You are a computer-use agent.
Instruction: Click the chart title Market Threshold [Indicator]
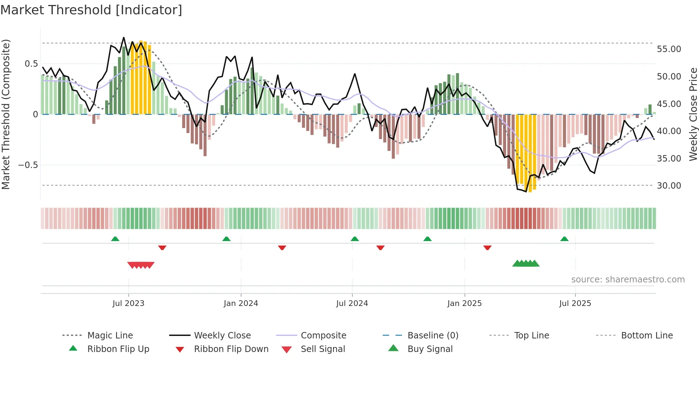pyautogui.click(x=91, y=10)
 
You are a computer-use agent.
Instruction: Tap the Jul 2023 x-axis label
pyautogui.click(x=128, y=303)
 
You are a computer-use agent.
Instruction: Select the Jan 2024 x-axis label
pyautogui.click(x=241, y=303)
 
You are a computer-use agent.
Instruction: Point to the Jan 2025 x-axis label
pyautogui.click(x=464, y=303)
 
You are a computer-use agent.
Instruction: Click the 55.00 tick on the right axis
pyautogui.click(x=669, y=49)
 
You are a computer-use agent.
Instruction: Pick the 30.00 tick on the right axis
pyautogui.click(x=669, y=185)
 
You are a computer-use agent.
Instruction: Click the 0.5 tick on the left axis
pyautogui.click(x=31, y=64)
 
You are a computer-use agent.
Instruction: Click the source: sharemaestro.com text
pyautogui.click(x=628, y=279)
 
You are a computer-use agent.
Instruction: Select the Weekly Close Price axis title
pyautogui.click(x=693, y=114)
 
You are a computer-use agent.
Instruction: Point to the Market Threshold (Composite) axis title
pyautogui.click(x=6, y=114)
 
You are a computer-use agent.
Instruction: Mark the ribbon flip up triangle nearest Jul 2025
pyautogui.click(x=564, y=239)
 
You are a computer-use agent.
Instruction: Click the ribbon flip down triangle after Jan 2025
pyautogui.click(x=488, y=247)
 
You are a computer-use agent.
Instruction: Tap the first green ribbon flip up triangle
pyautogui.click(x=115, y=239)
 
